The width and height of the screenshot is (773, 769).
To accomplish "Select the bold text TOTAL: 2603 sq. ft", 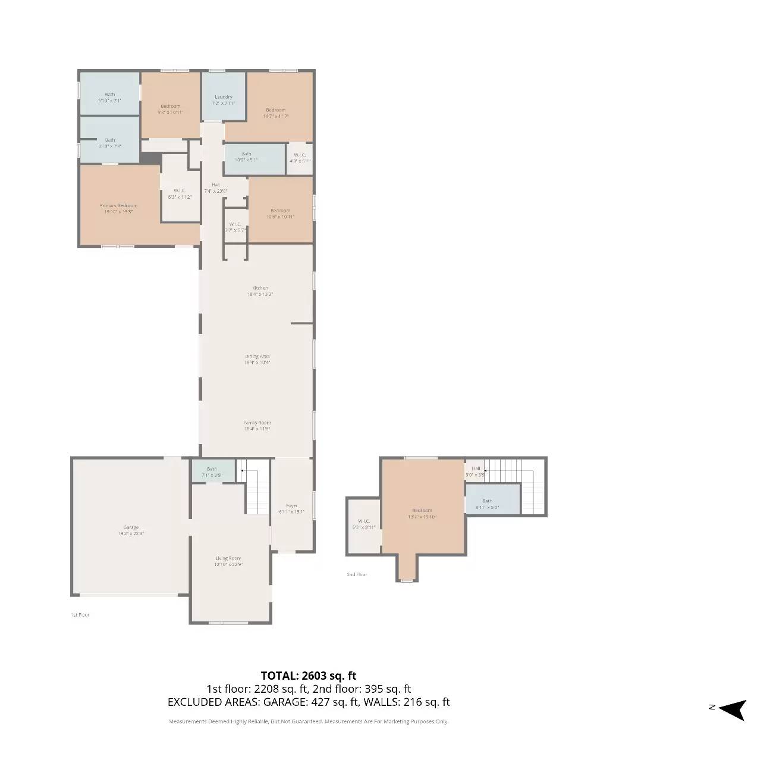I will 308,676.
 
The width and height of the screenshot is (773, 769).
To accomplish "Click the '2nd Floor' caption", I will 357,574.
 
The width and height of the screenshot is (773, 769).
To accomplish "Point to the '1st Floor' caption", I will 80,614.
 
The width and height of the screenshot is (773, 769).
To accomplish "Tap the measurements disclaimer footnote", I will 309,721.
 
